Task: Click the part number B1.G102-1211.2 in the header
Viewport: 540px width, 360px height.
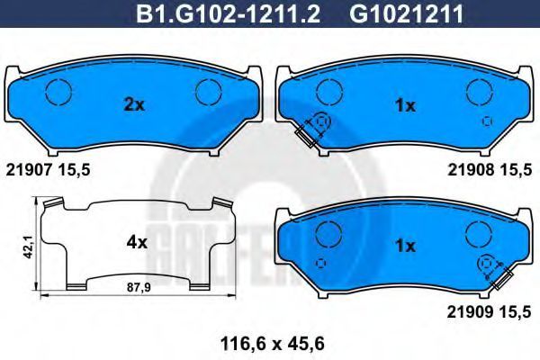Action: pyautogui.click(x=228, y=14)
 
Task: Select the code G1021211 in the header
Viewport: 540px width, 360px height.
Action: pyautogui.click(x=407, y=14)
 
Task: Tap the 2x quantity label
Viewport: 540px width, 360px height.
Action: pyautogui.click(x=134, y=104)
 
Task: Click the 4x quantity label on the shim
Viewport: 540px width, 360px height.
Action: pyautogui.click(x=137, y=243)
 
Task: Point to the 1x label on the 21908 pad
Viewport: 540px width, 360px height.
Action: pyautogui.click(x=406, y=106)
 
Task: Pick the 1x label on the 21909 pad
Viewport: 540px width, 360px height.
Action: pyautogui.click(x=406, y=246)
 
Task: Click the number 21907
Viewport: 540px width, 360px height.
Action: pyautogui.click(x=26, y=170)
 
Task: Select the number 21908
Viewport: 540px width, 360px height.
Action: pyautogui.click(x=469, y=170)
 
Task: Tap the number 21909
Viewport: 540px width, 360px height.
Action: pyautogui.click(x=468, y=312)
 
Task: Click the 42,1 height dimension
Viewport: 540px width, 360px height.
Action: pyautogui.click(x=29, y=247)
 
